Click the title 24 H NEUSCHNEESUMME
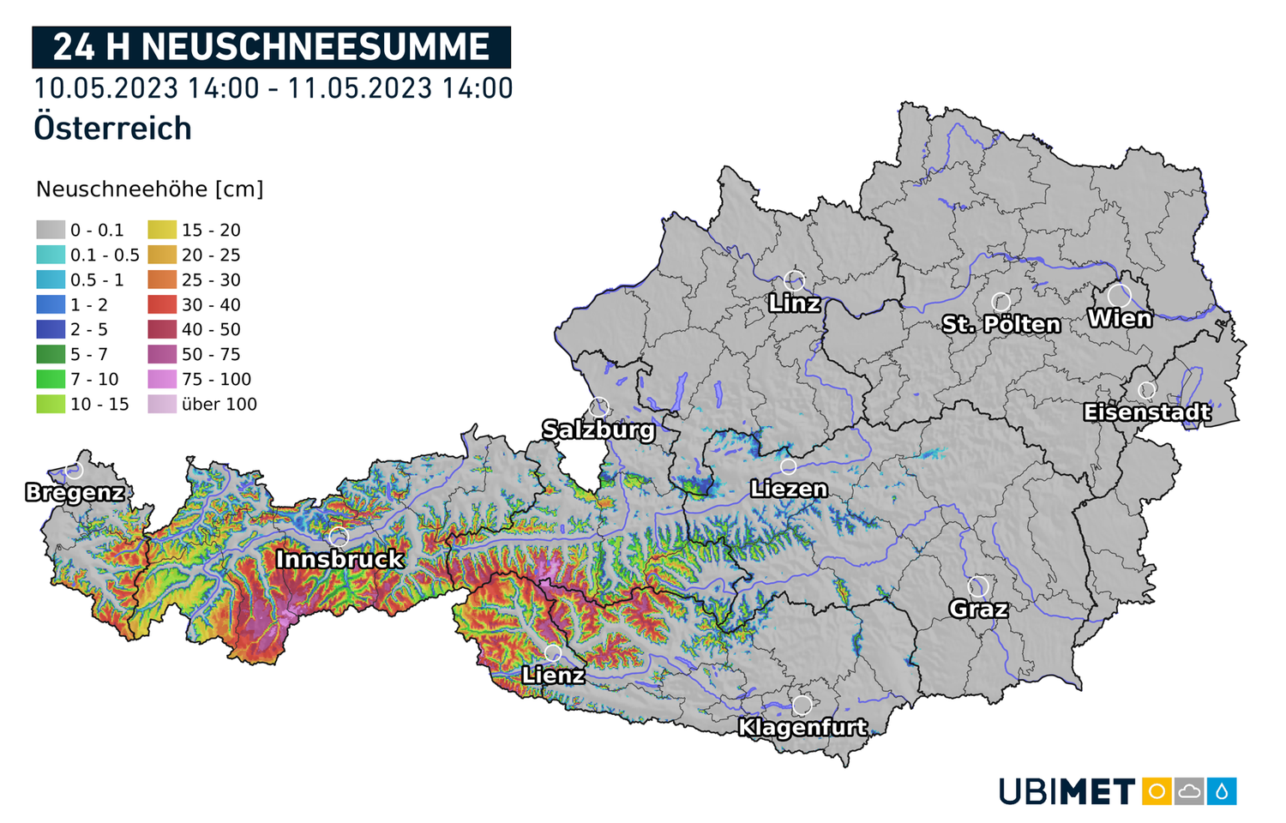[x=271, y=47]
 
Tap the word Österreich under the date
[x=112, y=129]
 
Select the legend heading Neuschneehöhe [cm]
[x=149, y=189]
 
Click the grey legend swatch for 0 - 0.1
[x=51, y=230]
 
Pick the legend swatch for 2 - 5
[x=51, y=329]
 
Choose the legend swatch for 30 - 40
[x=162, y=304]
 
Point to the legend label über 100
[x=219, y=404]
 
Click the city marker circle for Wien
[x=1119, y=296]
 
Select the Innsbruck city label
[x=340, y=559]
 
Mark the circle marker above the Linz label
[x=795, y=280]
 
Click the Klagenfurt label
[x=802, y=728]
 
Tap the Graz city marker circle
[x=978, y=587]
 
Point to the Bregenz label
[x=75, y=493]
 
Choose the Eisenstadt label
[x=1147, y=412]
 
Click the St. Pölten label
[x=1001, y=324]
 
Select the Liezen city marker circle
[x=788, y=466]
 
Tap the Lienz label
[x=553, y=676]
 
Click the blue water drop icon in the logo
[x=1223, y=790]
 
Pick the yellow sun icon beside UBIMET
[x=1157, y=790]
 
